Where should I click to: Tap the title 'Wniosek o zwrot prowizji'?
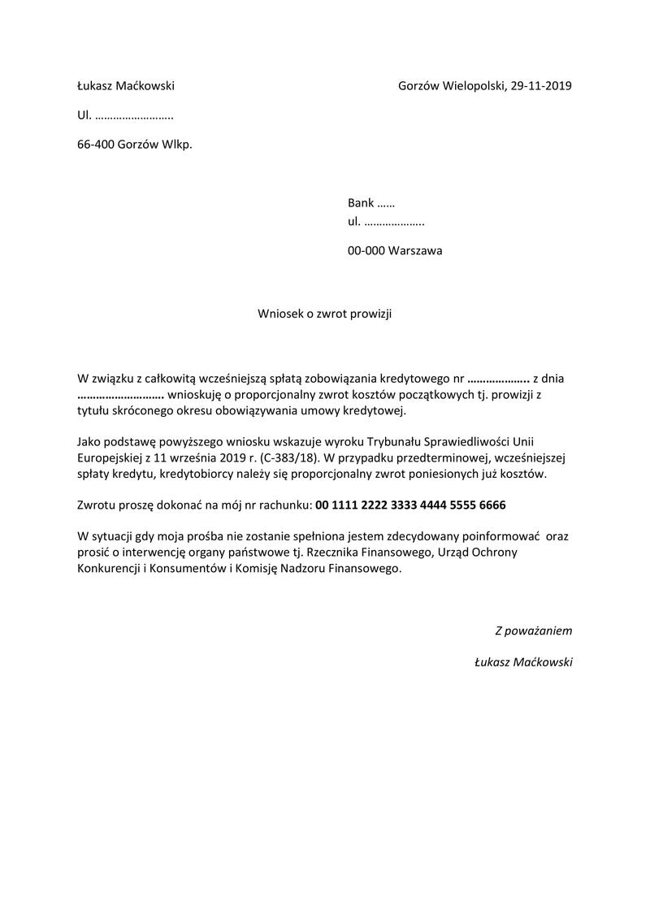tap(324, 314)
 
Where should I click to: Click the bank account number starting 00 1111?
tap(410, 505)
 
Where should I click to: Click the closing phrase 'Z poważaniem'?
tap(534, 630)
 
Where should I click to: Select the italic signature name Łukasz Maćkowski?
tap(524, 662)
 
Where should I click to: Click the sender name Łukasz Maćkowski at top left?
tap(126, 86)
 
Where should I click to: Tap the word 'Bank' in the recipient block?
tap(361, 203)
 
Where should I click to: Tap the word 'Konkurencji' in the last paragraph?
tap(108, 570)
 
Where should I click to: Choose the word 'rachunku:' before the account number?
tap(286, 505)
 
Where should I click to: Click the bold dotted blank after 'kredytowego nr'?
tap(499, 378)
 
